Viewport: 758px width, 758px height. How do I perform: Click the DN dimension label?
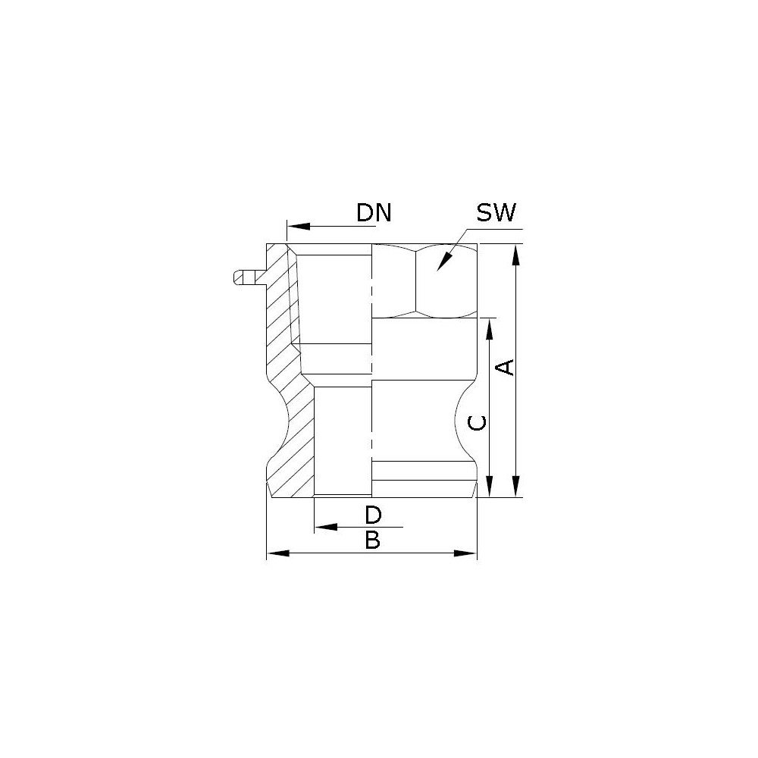pyautogui.click(x=373, y=213)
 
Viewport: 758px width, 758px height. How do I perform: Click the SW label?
pyautogui.click(x=496, y=212)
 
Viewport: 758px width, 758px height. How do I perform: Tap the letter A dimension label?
pyautogui.click(x=506, y=367)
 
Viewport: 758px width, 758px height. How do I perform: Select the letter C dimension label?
pyautogui.click(x=478, y=422)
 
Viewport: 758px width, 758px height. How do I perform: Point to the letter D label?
pyautogui.click(x=373, y=515)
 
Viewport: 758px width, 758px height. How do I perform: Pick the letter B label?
pyautogui.click(x=373, y=540)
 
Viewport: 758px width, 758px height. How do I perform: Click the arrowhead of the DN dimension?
pyautogui.click(x=298, y=226)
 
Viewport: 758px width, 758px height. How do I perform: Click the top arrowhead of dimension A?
pyautogui.click(x=516, y=255)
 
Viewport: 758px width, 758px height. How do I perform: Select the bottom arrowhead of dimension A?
pyautogui.click(x=516, y=486)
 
